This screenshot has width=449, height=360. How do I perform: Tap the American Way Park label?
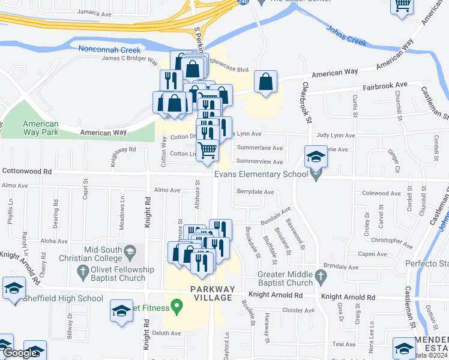tap(41, 128)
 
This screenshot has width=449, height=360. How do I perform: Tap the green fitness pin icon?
tap(176, 307)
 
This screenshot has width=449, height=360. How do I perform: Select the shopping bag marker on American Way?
tap(265, 82)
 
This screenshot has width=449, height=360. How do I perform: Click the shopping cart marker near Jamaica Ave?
tap(402, 6)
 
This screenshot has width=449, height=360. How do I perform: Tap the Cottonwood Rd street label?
tap(27, 171)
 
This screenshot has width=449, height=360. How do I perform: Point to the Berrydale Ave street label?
tap(255, 193)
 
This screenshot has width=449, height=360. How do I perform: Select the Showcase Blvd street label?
tap(229, 70)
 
